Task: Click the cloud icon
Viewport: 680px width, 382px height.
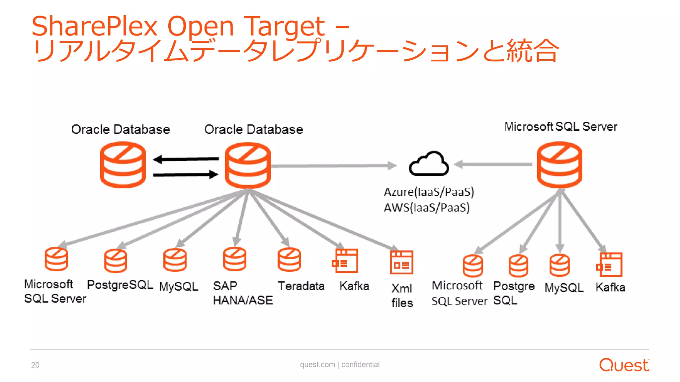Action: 429,164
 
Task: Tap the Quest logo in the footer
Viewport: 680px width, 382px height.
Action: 624,365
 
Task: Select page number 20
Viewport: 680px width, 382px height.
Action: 35,365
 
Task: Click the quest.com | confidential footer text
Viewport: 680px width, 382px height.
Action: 340,364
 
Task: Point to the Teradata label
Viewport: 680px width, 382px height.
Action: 301,286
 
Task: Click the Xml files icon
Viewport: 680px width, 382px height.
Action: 401,262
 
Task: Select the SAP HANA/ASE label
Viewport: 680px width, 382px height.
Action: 242,293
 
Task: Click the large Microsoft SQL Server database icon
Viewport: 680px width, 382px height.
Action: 559,165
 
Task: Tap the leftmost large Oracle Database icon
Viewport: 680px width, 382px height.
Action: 123,165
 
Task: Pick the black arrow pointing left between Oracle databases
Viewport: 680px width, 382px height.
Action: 186,159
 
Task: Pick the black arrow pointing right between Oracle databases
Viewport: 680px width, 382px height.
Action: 186,174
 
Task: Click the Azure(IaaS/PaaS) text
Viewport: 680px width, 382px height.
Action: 429,192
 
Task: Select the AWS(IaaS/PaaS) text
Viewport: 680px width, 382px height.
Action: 426,208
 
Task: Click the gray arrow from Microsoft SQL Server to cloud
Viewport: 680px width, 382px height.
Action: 493,164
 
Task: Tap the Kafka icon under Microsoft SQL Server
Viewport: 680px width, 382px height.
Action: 609,265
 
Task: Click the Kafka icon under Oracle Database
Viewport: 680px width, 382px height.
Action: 345,261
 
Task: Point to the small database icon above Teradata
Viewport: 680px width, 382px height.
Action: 289,260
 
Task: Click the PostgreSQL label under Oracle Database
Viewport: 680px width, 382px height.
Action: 120,285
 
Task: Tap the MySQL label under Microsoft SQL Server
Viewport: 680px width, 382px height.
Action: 564,287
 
